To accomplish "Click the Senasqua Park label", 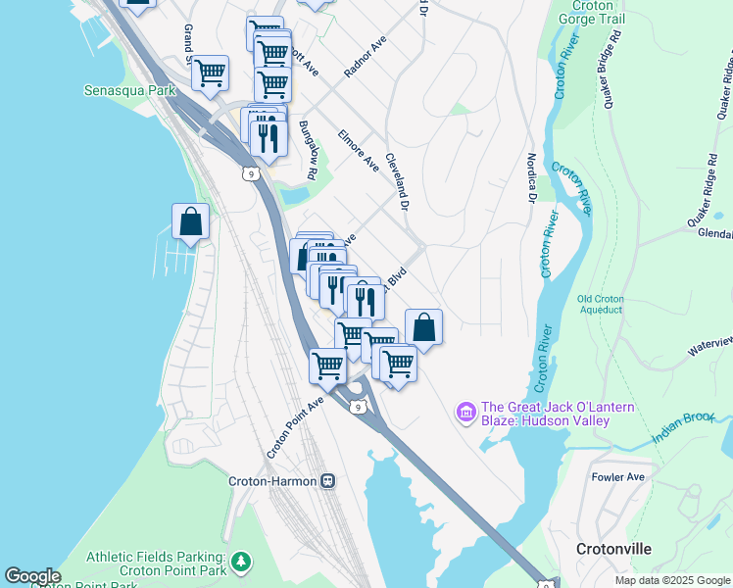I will (x=129, y=90).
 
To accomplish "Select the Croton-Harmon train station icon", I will (x=328, y=481).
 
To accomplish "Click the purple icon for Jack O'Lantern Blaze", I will (x=466, y=411).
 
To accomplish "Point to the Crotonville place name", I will (x=613, y=549).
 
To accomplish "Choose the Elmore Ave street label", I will (x=358, y=148).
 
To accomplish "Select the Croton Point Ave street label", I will (x=295, y=428).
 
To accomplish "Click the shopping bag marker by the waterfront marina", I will (x=191, y=222).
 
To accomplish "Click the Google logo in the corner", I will (x=32, y=576).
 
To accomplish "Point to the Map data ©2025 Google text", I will (x=672, y=580).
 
